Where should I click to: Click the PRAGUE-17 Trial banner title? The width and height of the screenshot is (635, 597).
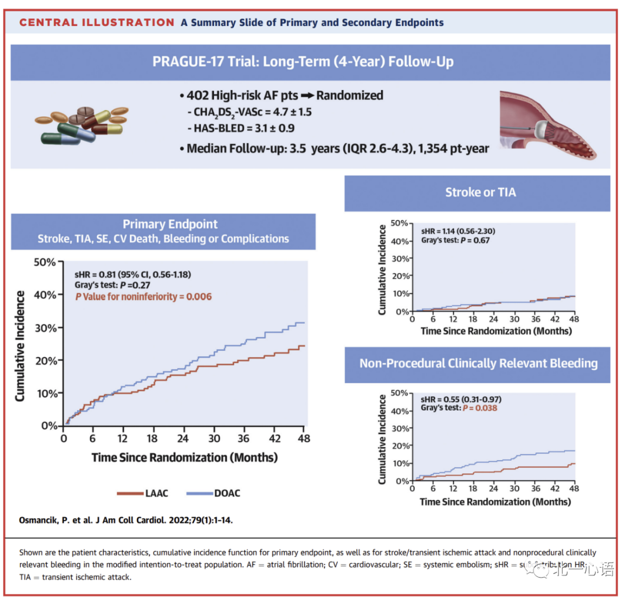(x=303, y=62)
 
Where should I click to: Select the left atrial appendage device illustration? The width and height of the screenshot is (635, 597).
(x=547, y=126)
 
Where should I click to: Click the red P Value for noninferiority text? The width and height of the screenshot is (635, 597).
(x=143, y=296)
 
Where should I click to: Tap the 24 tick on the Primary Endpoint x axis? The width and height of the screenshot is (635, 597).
(x=183, y=439)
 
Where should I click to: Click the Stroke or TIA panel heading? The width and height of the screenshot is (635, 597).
(x=480, y=192)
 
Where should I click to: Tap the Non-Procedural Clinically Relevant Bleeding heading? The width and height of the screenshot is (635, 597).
(x=478, y=363)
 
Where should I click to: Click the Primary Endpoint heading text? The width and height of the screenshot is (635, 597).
(x=170, y=224)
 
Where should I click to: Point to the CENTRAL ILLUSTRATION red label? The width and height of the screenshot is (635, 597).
(x=96, y=23)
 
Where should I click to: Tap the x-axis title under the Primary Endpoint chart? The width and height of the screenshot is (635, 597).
(x=184, y=457)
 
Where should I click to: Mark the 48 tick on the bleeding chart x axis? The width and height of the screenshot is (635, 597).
(x=574, y=489)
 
